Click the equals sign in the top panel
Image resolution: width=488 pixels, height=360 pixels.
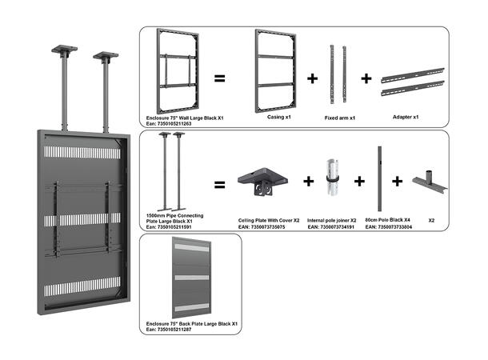(219, 78)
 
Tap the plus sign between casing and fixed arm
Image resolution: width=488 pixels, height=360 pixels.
(313, 78)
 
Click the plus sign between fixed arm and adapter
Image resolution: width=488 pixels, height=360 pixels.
(366, 78)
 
